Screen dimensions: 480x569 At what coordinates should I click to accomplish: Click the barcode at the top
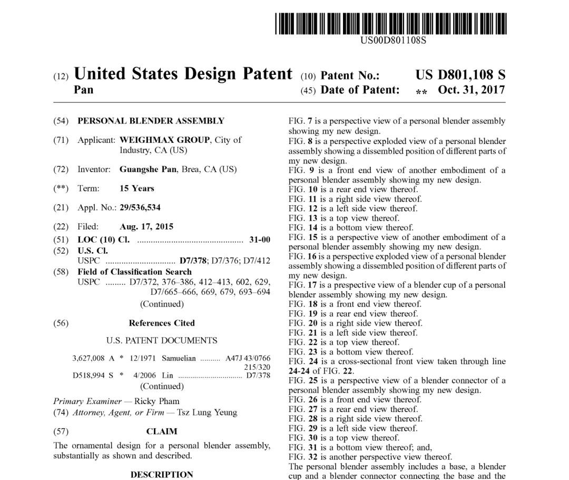point(390,24)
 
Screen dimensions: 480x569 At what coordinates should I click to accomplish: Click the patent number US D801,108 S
point(460,75)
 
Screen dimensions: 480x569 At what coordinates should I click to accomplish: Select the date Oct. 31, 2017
point(471,90)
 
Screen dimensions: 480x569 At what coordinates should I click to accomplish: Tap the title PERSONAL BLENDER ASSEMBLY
point(151,121)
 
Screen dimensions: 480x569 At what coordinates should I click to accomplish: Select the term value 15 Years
point(137,188)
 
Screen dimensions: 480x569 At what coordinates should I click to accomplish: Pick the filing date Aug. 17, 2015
point(146,227)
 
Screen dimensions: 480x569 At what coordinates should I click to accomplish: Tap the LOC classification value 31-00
point(260,239)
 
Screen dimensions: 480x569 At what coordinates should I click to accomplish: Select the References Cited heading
point(162,323)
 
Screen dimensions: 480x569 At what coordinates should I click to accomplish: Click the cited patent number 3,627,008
point(89,359)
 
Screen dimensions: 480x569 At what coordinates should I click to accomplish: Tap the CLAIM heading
point(162,431)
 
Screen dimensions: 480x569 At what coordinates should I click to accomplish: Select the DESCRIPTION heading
point(162,474)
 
